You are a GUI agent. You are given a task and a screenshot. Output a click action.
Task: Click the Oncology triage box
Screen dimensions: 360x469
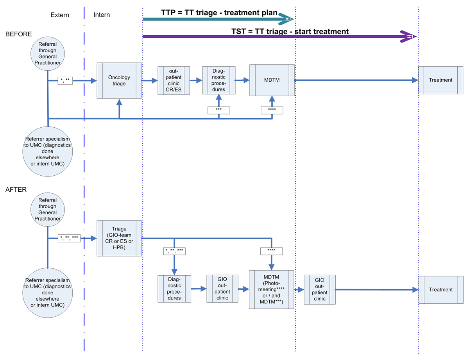(x=119, y=80)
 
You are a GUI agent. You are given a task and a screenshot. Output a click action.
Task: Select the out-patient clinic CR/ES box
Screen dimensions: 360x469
(x=174, y=80)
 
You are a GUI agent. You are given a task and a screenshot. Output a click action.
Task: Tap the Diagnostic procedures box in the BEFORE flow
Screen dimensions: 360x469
(x=219, y=80)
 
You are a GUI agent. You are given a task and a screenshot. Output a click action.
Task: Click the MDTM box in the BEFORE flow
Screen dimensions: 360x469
(x=272, y=80)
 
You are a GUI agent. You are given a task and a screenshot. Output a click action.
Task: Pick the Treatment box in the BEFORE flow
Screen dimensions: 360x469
(x=440, y=80)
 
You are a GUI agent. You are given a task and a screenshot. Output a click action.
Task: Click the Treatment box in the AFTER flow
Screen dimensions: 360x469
(x=440, y=290)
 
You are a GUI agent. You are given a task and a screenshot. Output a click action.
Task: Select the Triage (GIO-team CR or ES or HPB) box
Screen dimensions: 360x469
(x=119, y=238)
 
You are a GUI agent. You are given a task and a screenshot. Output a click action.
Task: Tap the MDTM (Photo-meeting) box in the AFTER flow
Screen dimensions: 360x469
(x=272, y=289)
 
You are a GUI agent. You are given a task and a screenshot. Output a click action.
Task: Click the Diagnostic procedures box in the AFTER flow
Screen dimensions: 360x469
(x=174, y=289)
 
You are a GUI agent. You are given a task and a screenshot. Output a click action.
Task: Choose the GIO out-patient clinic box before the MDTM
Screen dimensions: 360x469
(x=222, y=289)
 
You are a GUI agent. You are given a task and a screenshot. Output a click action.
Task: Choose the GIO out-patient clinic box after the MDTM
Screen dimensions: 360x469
(x=319, y=289)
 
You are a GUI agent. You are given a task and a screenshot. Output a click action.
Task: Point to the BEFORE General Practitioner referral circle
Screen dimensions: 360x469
(x=47, y=53)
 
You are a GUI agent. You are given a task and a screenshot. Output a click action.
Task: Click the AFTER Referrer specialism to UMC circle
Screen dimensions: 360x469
(x=47, y=292)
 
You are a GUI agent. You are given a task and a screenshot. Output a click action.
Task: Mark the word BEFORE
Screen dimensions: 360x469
(x=18, y=34)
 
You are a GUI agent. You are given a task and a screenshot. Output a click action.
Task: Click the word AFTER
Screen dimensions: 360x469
(x=16, y=190)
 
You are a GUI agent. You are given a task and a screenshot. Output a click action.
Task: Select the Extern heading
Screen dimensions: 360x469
(x=60, y=15)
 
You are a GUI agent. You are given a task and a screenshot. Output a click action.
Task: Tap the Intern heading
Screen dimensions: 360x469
(x=102, y=15)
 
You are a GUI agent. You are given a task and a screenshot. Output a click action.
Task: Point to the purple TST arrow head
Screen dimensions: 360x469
(x=409, y=36)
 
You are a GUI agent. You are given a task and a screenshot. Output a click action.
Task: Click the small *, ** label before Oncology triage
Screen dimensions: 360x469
(x=65, y=81)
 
